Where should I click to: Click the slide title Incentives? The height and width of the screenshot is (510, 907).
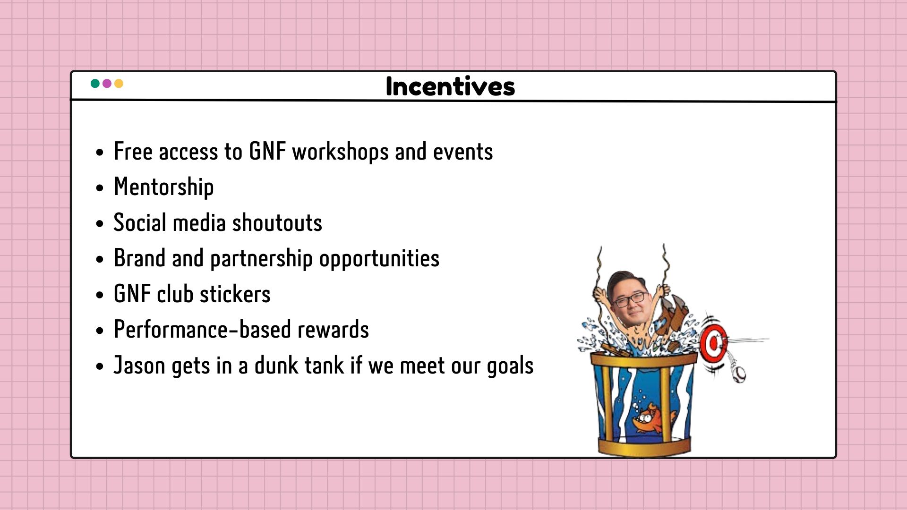[x=450, y=86]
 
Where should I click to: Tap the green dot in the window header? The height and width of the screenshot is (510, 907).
[x=95, y=84]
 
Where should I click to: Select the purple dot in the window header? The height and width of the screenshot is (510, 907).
[x=107, y=84]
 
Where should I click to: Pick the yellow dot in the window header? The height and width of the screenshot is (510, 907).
[x=119, y=84]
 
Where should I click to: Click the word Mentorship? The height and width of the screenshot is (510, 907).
[x=163, y=187]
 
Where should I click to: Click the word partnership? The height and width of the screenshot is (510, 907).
[x=261, y=259]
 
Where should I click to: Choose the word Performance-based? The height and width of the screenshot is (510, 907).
[x=202, y=330]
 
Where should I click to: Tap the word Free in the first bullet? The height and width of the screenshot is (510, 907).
[x=133, y=152]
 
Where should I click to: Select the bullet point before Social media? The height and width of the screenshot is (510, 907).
[x=99, y=223]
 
